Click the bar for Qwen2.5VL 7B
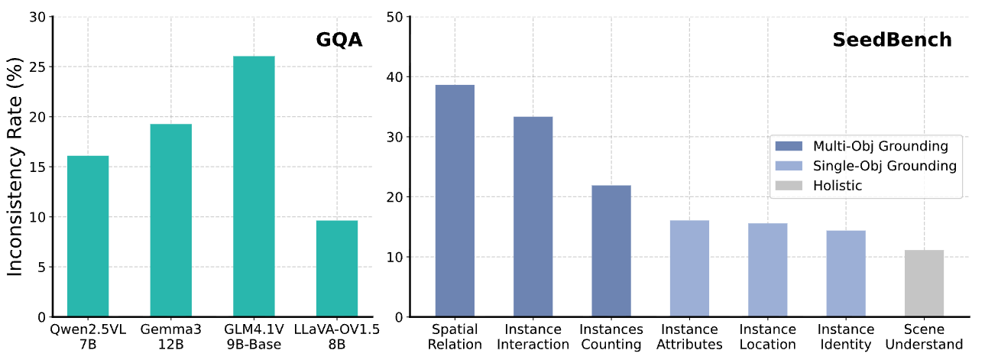(88, 236)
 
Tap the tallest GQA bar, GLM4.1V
(254, 186)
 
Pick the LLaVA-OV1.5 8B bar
(337, 268)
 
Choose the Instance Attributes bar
(689, 268)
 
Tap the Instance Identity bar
(846, 273)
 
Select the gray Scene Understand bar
(924, 283)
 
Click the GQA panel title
(339, 40)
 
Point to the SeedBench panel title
(892, 40)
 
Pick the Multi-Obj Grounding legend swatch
(789, 146)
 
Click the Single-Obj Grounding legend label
(884, 166)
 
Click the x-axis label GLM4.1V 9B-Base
(254, 336)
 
